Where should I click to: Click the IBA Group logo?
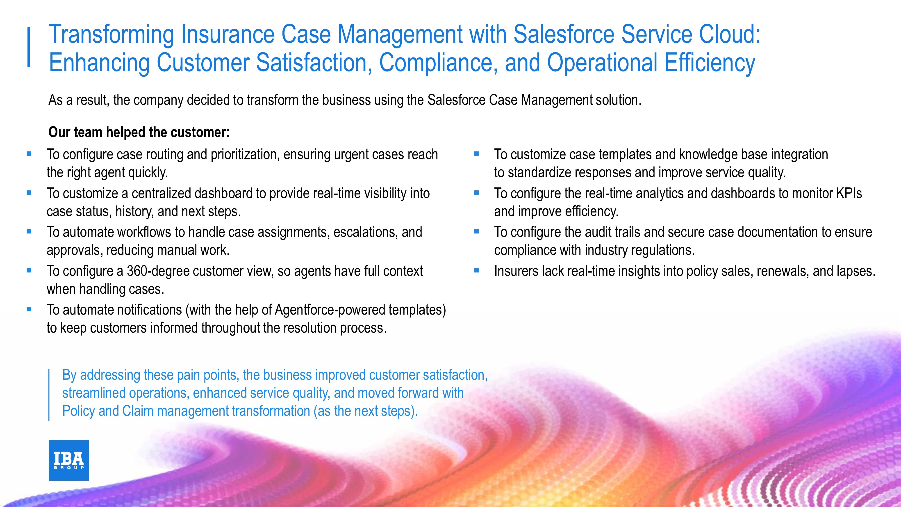pyautogui.click(x=68, y=460)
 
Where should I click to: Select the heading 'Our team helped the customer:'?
pyautogui.click(x=139, y=132)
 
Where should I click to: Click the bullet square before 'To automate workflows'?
pyautogui.click(x=29, y=232)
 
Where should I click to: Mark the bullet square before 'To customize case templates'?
pyautogui.click(x=476, y=154)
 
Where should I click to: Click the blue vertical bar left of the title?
pyautogui.click(x=29, y=47)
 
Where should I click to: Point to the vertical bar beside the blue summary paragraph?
pyautogui.click(x=49, y=395)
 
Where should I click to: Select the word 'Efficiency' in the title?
pyautogui.click(x=710, y=63)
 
